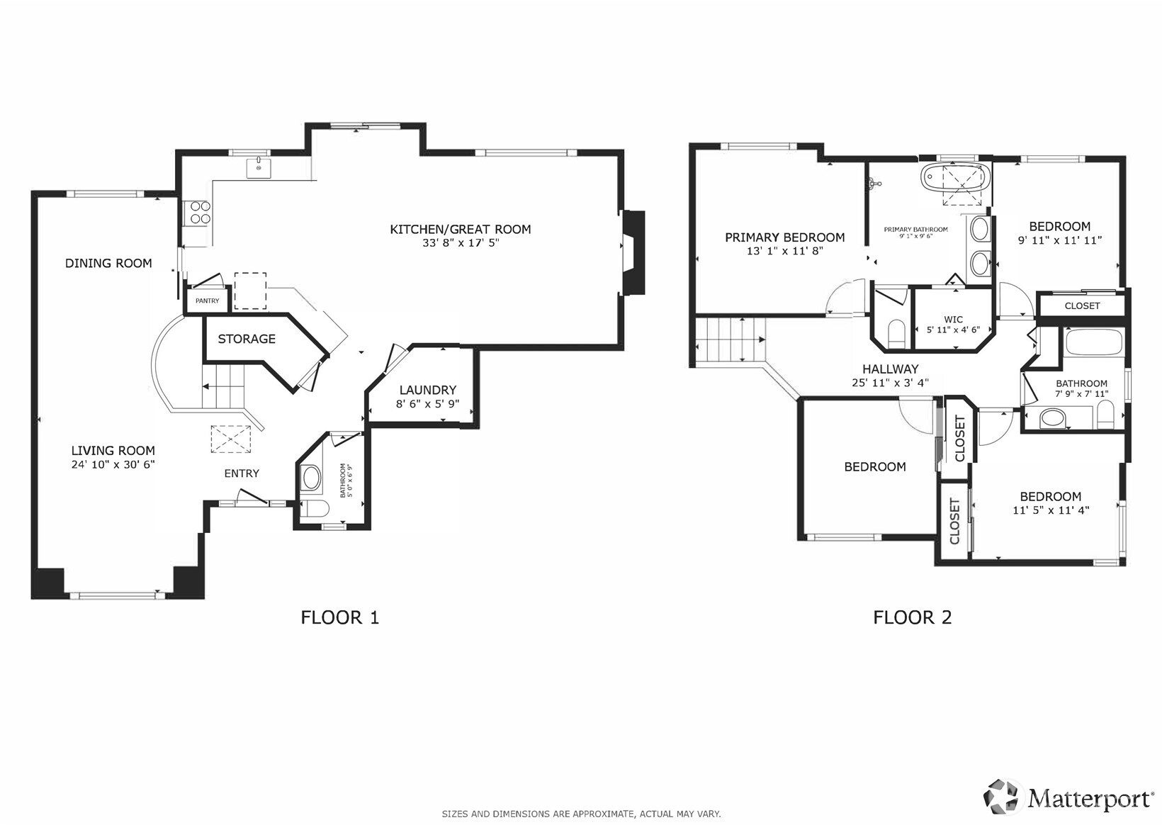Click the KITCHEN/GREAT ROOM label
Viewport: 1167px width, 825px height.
(461, 230)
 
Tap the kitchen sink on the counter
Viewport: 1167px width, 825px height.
(259, 168)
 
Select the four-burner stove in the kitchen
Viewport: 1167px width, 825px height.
(200, 213)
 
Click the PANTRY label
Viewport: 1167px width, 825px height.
(208, 301)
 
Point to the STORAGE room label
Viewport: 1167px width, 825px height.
(247, 339)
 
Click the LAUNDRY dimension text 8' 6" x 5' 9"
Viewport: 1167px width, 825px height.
(428, 403)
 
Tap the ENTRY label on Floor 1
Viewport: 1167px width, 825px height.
(242, 473)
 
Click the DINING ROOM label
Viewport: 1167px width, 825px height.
(108, 263)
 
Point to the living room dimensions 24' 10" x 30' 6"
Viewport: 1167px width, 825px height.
(113, 464)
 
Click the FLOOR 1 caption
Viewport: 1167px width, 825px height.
(339, 617)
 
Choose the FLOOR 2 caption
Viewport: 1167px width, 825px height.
(912, 617)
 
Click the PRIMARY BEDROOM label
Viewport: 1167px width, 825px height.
(784, 237)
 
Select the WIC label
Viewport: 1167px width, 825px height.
(954, 320)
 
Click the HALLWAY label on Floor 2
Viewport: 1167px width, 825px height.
(891, 369)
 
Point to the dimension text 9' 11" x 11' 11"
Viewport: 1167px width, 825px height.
(1060, 240)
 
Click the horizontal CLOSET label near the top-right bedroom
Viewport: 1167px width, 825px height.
(1082, 306)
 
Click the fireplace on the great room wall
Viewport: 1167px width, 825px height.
(633, 252)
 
